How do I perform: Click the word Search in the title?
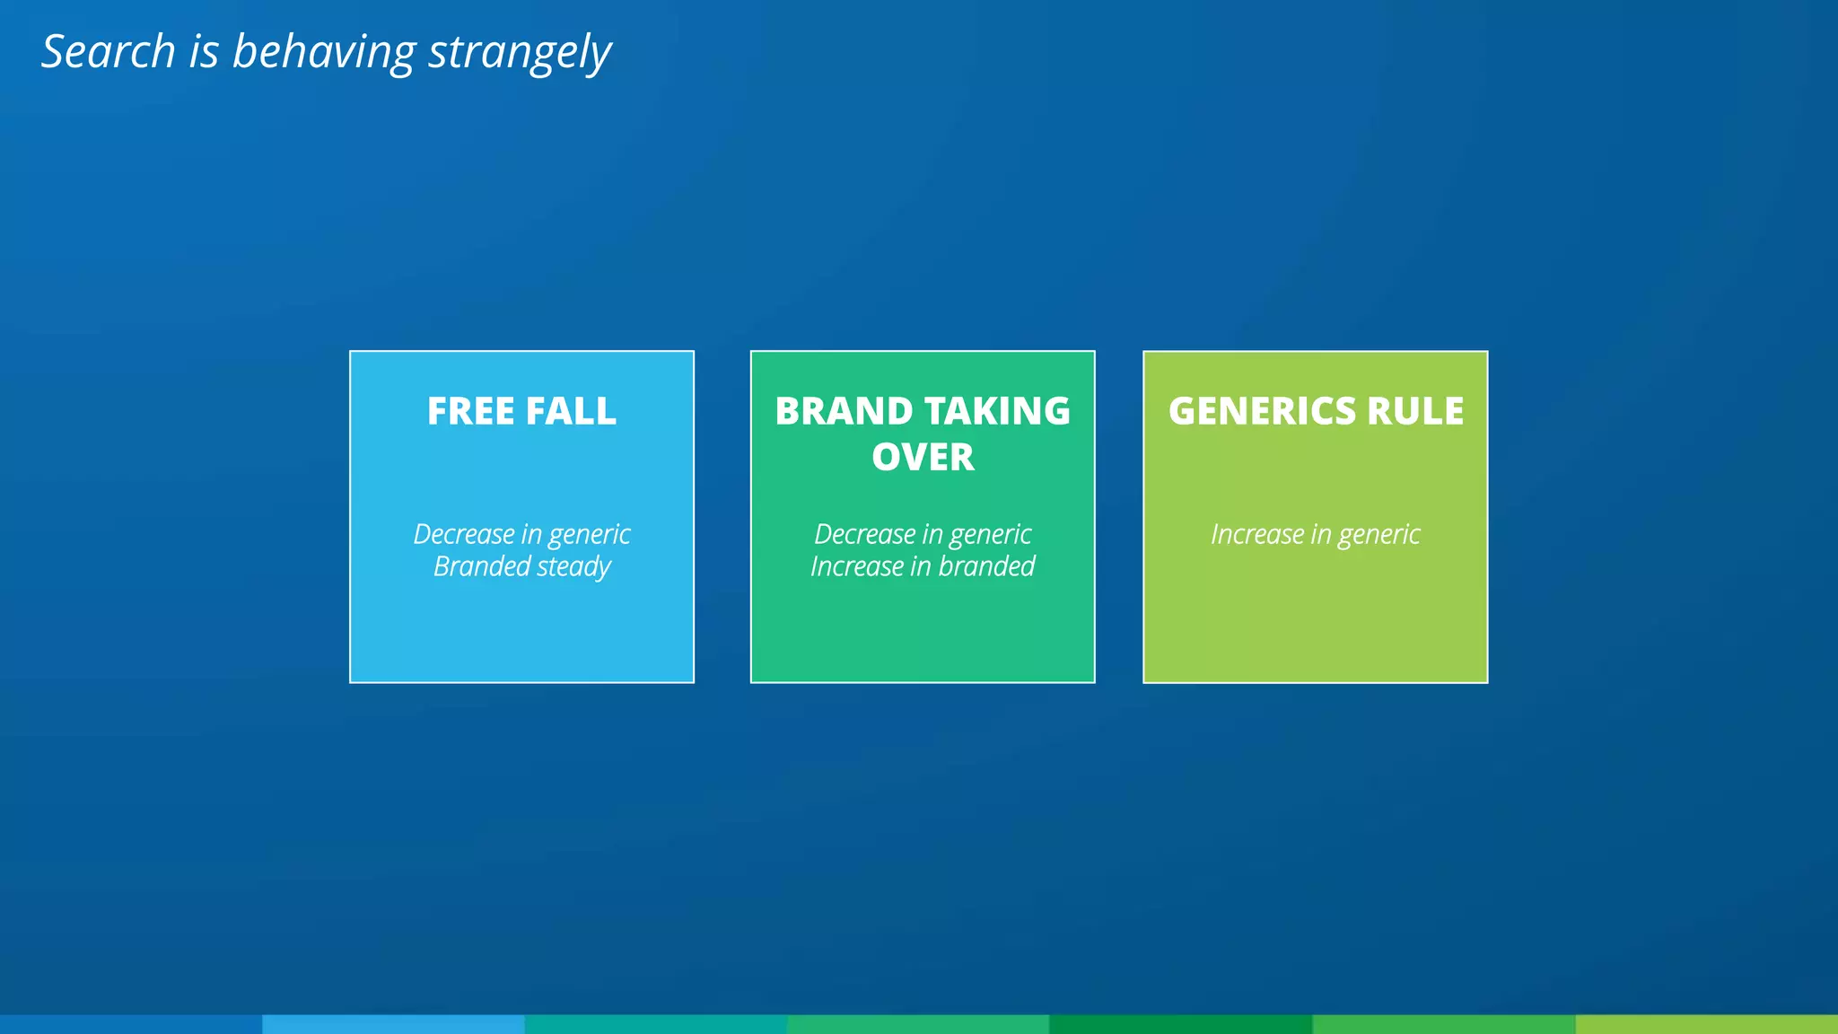[x=109, y=51]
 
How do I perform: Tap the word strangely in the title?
[x=520, y=53]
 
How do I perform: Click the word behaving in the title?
[x=323, y=53]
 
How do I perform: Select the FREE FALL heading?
[x=521, y=411]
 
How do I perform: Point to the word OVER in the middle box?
[x=923, y=457]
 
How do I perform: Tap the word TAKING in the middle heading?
[x=998, y=411]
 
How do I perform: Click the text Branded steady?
[x=521, y=567]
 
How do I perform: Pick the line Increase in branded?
[x=923, y=567]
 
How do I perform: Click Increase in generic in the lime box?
[x=1315, y=535]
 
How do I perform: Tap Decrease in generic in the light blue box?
[x=521, y=535]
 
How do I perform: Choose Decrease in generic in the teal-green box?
[x=923, y=535]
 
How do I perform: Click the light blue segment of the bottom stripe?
[x=393, y=1024]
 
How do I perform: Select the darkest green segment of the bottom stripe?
[x=1180, y=1024]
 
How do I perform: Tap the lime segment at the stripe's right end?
[x=1706, y=1024]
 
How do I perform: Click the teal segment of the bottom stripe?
[x=656, y=1024]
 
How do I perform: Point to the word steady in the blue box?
[x=573, y=567]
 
